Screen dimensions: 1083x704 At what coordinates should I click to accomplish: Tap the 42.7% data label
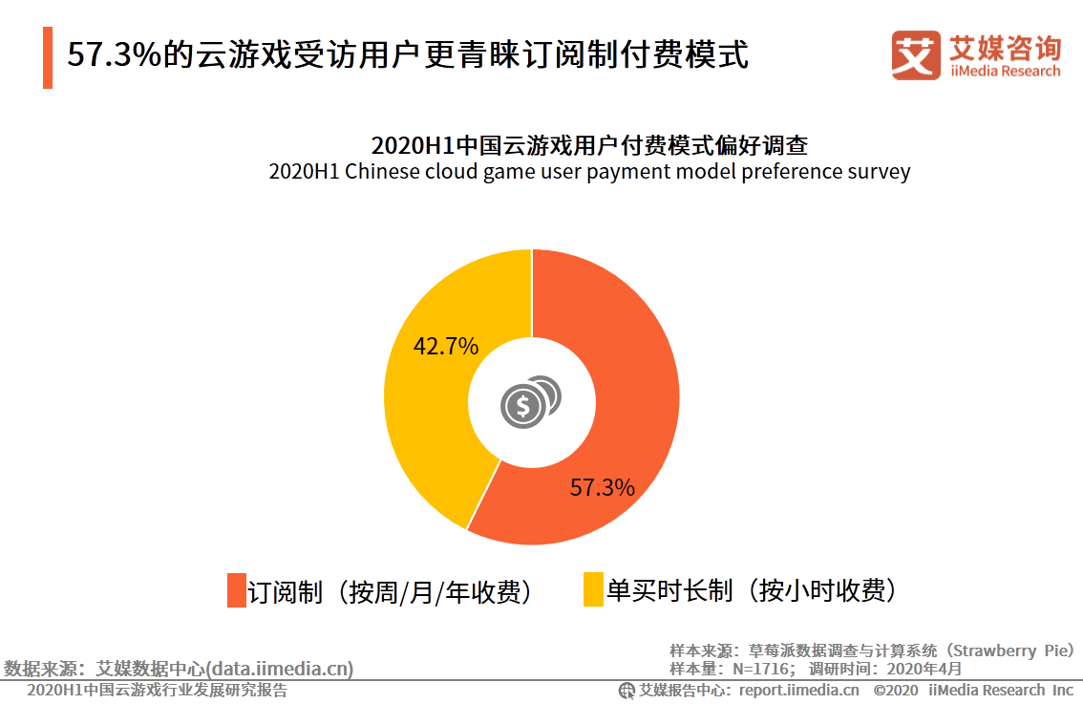pyautogui.click(x=445, y=346)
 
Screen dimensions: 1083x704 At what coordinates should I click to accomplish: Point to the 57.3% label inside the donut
pyautogui.click(x=603, y=488)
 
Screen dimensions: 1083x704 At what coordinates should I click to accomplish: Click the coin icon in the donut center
pyautogui.click(x=530, y=402)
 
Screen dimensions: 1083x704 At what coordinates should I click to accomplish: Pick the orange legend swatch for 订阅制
pyautogui.click(x=237, y=590)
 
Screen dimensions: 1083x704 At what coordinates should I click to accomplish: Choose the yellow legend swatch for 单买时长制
pyautogui.click(x=593, y=589)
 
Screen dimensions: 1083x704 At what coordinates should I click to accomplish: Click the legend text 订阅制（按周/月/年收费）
pyautogui.click(x=391, y=592)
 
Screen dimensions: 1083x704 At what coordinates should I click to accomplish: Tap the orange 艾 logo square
pyautogui.click(x=916, y=54)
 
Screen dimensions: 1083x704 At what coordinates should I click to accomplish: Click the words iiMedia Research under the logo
pyautogui.click(x=1005, y=71)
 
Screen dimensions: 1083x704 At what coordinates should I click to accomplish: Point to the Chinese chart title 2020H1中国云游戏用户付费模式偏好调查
pyautogui.click(x=589, y=145)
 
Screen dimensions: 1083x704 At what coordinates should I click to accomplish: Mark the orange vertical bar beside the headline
pyautogui.click(x=48, y=57)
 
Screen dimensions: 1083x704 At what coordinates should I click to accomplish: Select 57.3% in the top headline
pyautogui.click(x=114, y=54)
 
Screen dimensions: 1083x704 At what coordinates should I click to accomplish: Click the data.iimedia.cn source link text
pyautogui.click(x=280, y=669)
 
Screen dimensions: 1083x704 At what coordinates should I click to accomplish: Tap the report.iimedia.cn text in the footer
pyautogui.click(x=799, y=691)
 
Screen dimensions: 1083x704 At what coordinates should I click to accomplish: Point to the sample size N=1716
pyautogui.click(x=760, y=669)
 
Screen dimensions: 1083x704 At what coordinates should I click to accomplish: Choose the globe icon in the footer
pyautogui.click(x=626, y=691)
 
